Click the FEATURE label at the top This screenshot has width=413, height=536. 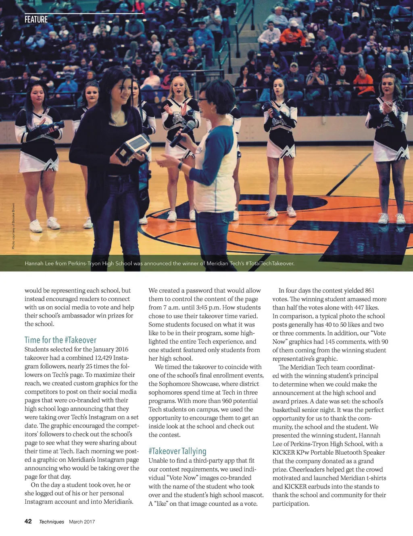[x=36, y=19]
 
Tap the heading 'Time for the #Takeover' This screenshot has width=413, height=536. [x=60, y=340]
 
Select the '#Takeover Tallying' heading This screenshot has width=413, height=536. [x=177, y=451]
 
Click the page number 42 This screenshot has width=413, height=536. [x=28, y=521]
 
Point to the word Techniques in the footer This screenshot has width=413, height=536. [x=52, y=521]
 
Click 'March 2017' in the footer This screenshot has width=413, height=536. [x=82, y=521]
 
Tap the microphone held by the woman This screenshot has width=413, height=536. [x=184, y=133]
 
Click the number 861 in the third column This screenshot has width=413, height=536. [x=369, y=291]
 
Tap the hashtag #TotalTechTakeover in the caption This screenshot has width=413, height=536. [x=269, y=264]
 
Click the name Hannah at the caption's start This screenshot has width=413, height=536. [x=34, y=264]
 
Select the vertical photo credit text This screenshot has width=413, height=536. [x=13, y=226]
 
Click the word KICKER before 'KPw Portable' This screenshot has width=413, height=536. [x=284, y=453]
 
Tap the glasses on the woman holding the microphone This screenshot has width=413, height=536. [x=202, y=100]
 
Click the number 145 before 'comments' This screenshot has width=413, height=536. [x=330, y=342]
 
